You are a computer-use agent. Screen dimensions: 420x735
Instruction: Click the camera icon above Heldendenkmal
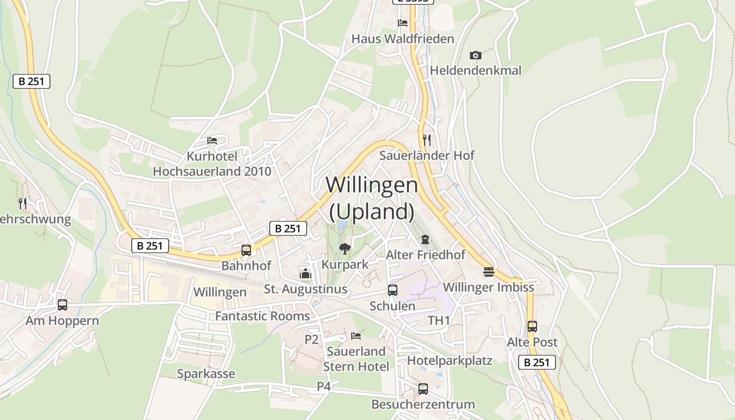coord(475,55)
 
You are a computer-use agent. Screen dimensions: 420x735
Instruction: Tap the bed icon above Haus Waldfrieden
coord(403,23)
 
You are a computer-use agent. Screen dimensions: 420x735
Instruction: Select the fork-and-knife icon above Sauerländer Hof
coord(427,140)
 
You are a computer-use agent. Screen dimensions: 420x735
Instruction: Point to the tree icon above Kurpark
coord(345,248)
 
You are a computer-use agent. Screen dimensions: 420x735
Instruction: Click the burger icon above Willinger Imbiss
coord(489,272)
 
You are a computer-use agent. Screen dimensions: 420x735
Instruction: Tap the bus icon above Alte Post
coord(532,327)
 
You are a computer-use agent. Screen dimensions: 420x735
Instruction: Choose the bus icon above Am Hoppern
coord(62,305)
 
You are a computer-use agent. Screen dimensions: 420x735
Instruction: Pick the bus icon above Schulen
coord(392,290)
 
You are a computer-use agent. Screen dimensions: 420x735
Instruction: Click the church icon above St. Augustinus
coord(305,274)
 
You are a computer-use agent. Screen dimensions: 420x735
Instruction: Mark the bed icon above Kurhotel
coord(212,141)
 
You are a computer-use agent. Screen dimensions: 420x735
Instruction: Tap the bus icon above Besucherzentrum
coord(423,389)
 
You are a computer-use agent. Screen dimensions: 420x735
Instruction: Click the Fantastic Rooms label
coord(262,316)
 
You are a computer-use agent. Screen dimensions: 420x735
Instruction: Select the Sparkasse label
coord(206,374)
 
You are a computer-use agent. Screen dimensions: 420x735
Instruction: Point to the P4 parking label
coord(324,386)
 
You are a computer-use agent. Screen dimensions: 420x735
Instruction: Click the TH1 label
coord(439,320)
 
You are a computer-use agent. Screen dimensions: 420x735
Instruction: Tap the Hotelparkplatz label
coord(449,361)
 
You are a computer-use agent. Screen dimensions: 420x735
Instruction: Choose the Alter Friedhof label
coord(426,255)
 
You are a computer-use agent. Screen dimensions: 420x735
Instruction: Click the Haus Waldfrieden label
coord(403,39)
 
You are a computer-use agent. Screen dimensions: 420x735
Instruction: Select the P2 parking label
coord(312,340)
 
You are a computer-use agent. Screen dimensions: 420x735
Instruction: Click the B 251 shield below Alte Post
coord(537,362)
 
